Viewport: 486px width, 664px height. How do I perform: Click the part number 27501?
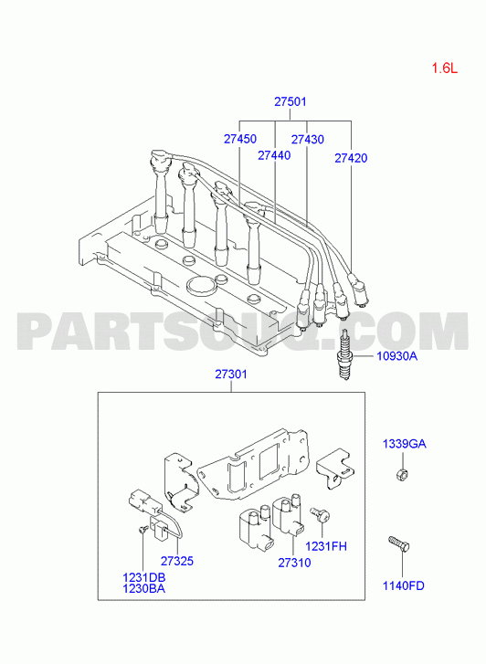click(x=291, y=101)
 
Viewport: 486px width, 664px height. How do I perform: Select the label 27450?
click(x=240, y=139)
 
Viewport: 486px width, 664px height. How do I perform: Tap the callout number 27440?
click(x=274, y=155)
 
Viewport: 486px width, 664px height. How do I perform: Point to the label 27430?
click(x=308, y=140)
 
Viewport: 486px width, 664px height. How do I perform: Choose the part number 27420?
click(x=351, y=158)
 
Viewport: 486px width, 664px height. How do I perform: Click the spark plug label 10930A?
click(x=397, y=356)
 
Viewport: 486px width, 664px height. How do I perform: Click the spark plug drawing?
click(x=345, y=354)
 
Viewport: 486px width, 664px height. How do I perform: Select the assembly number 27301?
click(x=231, y=374)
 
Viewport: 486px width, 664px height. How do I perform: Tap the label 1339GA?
click(x=404, y=444)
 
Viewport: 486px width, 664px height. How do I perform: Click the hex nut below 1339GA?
click(x=402, y=475)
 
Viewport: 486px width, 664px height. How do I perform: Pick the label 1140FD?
click(x=404, y=585)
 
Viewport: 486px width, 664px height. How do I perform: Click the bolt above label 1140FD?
click(x=398, y=543)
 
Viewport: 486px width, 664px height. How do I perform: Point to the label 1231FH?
click(x=326, y=547)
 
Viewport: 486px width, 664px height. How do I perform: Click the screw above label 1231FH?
click(x=321, y=514)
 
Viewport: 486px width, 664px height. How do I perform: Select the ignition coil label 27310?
click(x=294, y=563)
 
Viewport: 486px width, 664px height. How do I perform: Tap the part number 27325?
click(x=176, y=561)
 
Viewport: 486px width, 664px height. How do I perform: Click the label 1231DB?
click(x=144, y=577)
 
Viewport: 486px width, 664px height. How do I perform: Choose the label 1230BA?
click(x=144, y=588)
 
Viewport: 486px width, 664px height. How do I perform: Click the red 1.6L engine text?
click(x=445, y=69)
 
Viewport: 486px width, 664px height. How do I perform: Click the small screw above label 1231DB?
click(x=143, y=529)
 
